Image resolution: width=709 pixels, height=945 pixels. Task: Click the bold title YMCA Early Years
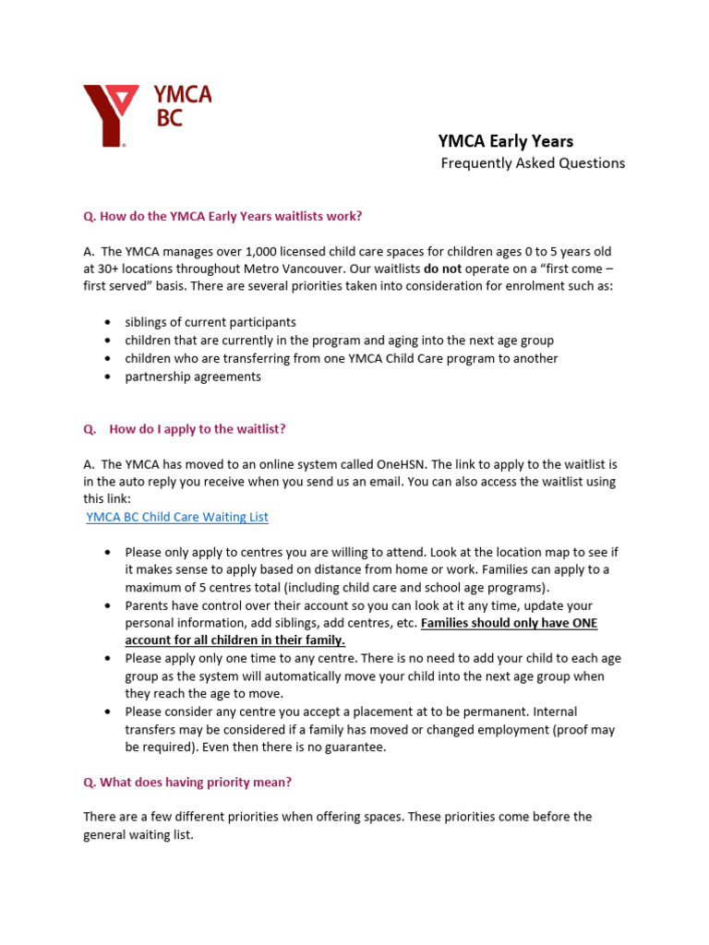point(505,141)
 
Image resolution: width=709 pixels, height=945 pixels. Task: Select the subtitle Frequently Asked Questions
point(533,163)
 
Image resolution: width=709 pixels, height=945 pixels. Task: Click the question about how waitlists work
point(222,216)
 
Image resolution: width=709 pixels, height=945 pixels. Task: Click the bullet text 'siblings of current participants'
point(210,322)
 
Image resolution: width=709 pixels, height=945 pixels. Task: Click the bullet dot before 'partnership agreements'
point(108,377)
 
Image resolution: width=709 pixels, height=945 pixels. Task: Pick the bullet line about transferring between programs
point(342,358)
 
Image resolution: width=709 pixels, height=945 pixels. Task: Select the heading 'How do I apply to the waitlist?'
point(198,429)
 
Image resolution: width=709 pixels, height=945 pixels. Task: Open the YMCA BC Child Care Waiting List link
point(177,517)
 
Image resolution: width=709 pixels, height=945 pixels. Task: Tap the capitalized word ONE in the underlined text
point(580,623)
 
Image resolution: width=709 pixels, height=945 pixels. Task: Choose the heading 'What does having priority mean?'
point(187,782)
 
